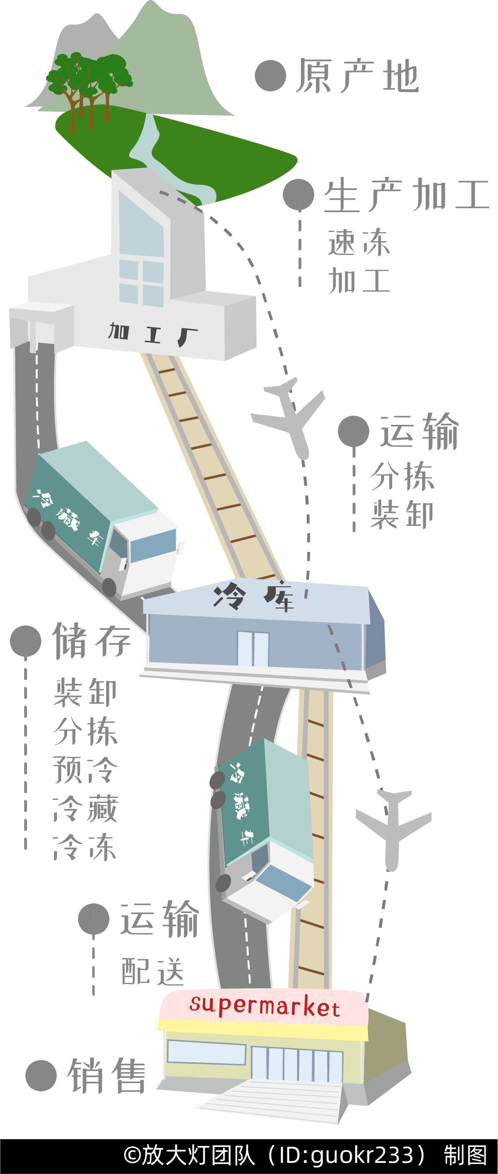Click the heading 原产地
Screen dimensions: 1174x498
tap(357, 76)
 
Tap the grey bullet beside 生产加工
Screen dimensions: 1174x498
tap(299, 195)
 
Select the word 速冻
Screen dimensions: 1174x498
tap(358, 242)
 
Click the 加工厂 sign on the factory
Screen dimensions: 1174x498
tap(153, 333)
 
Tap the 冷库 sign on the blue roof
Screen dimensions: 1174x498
tap(254, 597)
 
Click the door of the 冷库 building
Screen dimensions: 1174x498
tap(253, 649)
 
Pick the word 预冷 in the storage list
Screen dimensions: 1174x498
tap(85, 769)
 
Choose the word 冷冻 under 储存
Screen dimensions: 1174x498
tap(85, 847)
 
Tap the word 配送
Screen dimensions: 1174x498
tap(153, 971)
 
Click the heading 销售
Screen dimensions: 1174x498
tap(107, 1076)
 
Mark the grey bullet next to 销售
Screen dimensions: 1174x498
tap(41, 1076)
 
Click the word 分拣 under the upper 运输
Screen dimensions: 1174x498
tap(402, 477)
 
